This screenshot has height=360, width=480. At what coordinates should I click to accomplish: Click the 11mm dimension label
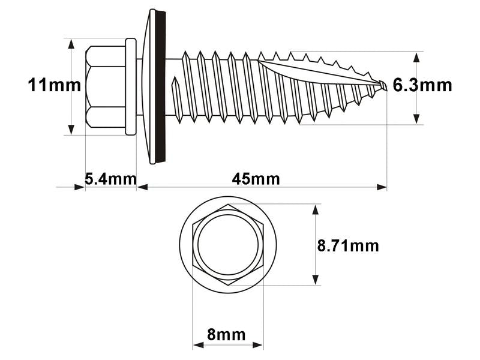point(54,85)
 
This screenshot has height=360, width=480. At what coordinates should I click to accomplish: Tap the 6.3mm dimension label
point(422,85)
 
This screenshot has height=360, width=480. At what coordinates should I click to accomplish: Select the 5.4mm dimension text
point(110,179)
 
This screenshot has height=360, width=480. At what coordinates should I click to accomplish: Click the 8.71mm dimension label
point(348,245)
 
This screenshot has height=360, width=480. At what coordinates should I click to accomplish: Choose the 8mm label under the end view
point(226,334)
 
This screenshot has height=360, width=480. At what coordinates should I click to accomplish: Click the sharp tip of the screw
point(384,86)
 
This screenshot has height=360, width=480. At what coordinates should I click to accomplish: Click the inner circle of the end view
point(228,245)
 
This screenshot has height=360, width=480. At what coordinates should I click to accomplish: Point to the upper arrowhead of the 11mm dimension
point(71,44)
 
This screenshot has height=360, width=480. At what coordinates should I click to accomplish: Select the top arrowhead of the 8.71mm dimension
point(314,209)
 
